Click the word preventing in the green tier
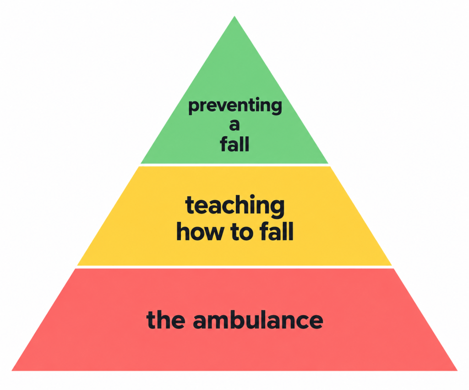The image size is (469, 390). (235, 106)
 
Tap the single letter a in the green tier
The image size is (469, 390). (234, 125)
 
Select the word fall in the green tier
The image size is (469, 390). (234, 144)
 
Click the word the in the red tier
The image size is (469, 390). (166, 320)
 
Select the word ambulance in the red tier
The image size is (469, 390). (258, 320)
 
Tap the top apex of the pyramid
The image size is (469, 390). (234, 16)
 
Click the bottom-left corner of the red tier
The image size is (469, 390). (11, 371)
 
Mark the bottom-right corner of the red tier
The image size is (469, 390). (458, 371)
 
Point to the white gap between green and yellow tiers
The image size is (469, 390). (234, 165)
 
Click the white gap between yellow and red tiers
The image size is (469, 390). (234, 267)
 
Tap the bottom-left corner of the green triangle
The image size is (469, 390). (141, 164)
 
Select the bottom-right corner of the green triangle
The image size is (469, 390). (328, 164)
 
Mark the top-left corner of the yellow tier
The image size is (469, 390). (139, 166)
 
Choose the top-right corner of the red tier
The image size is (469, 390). (393, 268)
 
